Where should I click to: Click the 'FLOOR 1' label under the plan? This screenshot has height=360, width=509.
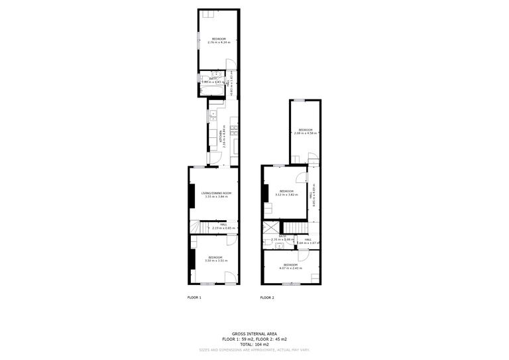coord(194,298)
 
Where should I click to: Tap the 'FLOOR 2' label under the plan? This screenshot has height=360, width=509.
coord(267,298)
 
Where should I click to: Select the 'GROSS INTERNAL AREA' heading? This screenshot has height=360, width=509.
coord(254,333)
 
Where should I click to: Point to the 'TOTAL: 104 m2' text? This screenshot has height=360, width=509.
coord(254,344)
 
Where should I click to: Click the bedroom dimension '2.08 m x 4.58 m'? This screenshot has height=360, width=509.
coord(306,133)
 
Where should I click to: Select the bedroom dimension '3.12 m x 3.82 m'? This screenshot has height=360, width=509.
coord(286,195)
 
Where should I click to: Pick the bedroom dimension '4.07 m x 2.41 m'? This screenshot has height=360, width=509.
coord(290,268)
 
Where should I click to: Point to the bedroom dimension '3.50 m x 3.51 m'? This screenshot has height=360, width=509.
coord(215,261)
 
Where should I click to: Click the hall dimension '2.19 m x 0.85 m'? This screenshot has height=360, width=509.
coord(223,228)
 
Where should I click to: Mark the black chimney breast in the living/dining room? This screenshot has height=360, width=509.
coord(192,196)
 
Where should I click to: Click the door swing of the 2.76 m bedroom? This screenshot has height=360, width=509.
coord(230,65)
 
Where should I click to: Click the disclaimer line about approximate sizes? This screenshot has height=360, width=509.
coord(254,349)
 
